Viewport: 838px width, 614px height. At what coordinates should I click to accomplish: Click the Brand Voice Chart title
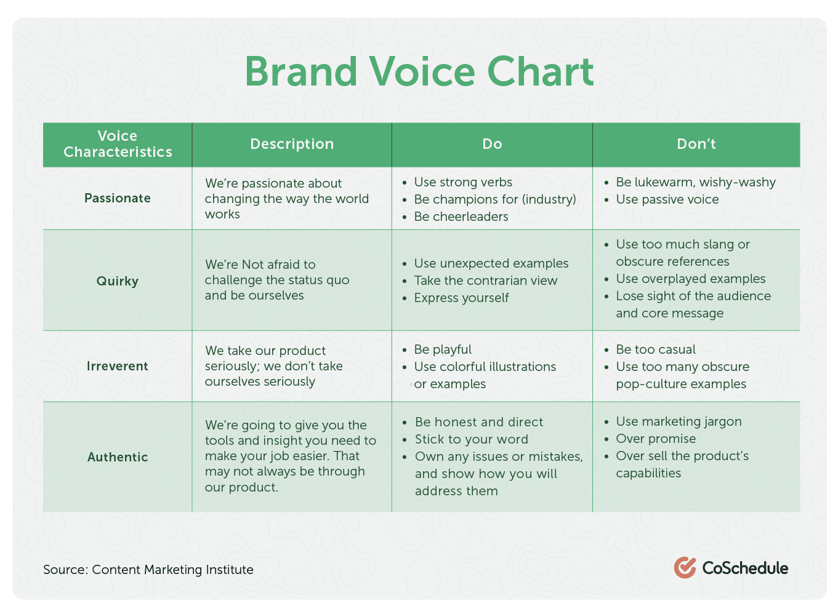(419, 71)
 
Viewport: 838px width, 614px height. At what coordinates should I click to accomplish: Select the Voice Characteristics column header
(118, 144)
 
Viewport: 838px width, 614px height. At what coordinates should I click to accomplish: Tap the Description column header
(292, 144)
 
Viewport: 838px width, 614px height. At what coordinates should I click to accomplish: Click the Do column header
(492, 144)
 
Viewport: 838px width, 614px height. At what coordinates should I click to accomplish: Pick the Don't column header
(696, 144)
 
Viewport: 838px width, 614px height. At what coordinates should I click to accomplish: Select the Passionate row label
(118, 198)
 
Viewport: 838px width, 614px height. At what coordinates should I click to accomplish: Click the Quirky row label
(118, 281)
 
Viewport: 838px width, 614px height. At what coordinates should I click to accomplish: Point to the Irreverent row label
(118, 366)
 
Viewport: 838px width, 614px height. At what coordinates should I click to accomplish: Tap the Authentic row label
(118, 457)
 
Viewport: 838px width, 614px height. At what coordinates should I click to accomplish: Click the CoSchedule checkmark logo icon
(685, 567)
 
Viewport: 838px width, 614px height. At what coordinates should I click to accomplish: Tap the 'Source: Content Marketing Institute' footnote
(148, 570)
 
